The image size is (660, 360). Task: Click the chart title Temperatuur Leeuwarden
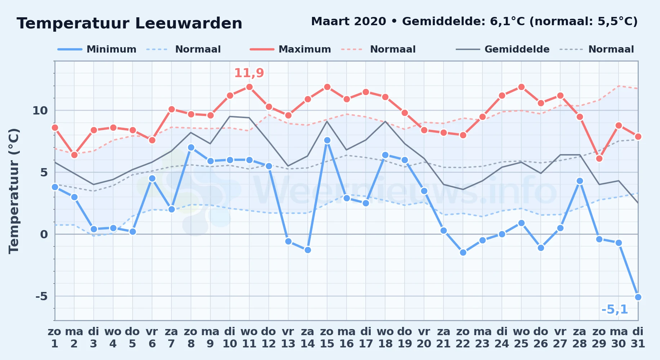(129, 23)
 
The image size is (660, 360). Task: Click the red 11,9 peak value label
(249, 73)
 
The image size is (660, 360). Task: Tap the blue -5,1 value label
(615, 309)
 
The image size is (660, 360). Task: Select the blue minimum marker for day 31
(638, 297)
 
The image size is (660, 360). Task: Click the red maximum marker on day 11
(249, 87)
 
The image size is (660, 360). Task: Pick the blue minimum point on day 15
(327, 140)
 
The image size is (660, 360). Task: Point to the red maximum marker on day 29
(599, 158)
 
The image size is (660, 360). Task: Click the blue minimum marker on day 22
(463, 252)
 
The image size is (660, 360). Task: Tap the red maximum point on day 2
(74, 155)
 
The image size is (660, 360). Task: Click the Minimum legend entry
(97, 49)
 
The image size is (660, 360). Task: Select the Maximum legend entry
(290, 49)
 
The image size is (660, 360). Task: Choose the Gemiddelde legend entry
(503, 49)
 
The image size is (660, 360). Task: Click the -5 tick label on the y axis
(41, 296)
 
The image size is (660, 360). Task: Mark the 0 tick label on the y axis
(44, 234)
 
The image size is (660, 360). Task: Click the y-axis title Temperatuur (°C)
(14, 191)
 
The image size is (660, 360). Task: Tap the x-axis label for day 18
(385, 338)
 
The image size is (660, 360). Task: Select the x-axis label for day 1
(55, 338)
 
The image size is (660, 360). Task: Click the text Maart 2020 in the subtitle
(348, 22)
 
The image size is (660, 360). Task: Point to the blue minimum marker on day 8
(191, 147)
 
